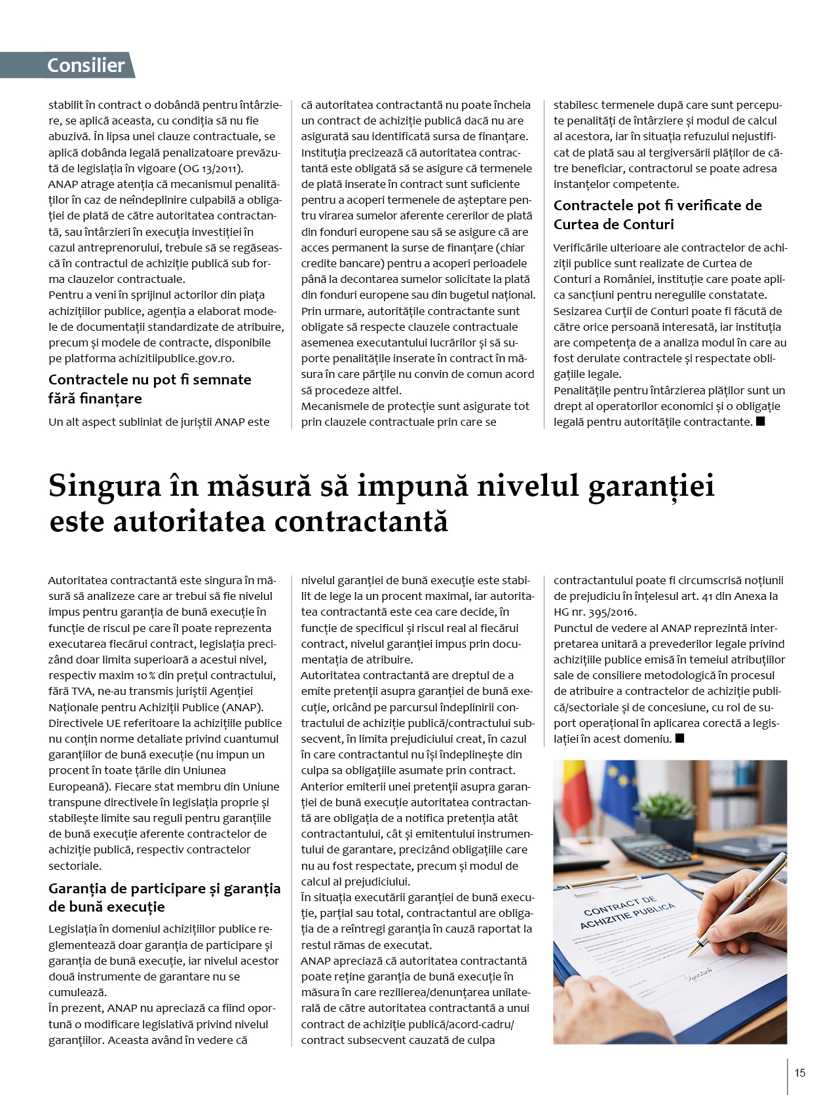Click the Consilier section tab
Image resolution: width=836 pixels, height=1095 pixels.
pyautogui.click(x=85, y=65)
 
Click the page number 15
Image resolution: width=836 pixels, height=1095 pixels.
pyautogui.click(x=799, y=1073)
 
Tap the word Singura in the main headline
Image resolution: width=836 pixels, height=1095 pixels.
pyautogui.click(x=104, y=486)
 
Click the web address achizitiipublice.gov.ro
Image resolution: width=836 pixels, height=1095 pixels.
pyautogui.click(x=176, y=358)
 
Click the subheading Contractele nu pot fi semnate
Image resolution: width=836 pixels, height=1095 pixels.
pyautogui.click(x=149, y=380)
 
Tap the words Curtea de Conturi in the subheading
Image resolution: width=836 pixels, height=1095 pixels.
pyautogui.click(x=613, y=224)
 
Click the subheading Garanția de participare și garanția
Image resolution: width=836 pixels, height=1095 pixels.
pyautogui.click(x=164, y=888)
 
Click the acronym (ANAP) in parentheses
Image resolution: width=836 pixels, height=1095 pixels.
pyautogui.click(x=242, y=707)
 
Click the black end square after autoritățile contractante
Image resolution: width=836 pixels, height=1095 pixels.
pyautogui.click(x=761, y=422)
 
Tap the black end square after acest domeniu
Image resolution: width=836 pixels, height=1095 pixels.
pyautogui.click(x=679, y=739)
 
